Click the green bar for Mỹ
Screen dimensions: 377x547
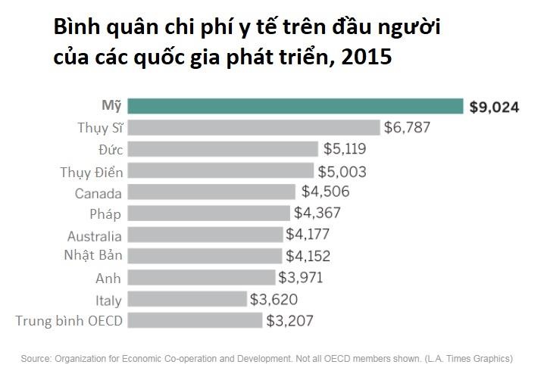coord(295,106)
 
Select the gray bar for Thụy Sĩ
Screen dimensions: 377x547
coord(254,127)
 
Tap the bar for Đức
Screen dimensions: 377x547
coord(223,148)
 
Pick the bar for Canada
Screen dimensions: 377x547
coord(211,192)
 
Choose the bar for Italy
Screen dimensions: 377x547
coord(187,299)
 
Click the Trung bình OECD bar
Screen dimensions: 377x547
coord(195,320)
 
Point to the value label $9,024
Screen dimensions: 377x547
coord(494,107)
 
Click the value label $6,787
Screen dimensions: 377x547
coord(407,127)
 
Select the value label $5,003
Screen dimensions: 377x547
coord(342,171)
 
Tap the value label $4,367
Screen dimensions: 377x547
coord(317,213)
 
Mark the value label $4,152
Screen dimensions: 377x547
coord(308,256)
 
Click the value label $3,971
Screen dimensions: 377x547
coord(300,277)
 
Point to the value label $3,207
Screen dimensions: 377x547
coord(289,320)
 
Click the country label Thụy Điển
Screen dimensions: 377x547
coord(91,172)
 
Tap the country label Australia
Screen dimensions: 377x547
coord(94,235)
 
